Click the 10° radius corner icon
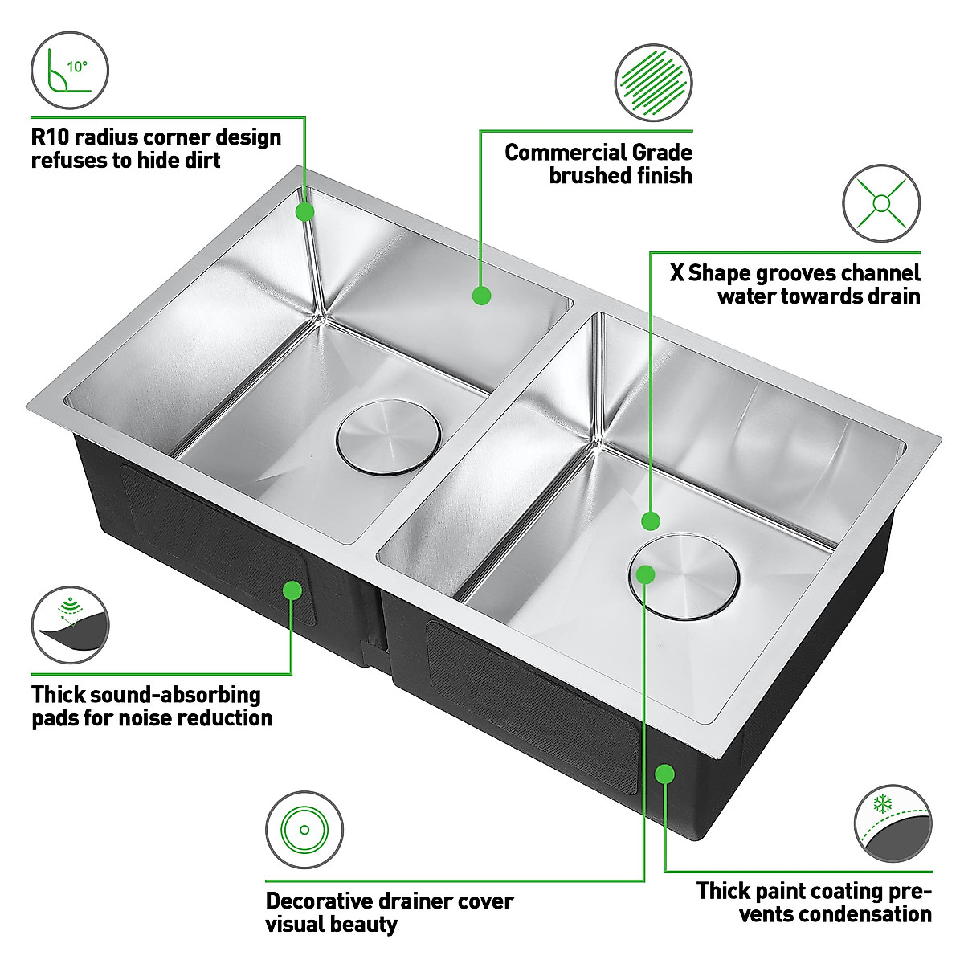pyautogui.click(x=69, y=71)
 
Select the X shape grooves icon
pyautogui.click(x=881, y=203)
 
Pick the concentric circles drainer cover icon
pyautogui.click(x=304, y=830)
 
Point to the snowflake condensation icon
pyautogui.click(x=893, y=824)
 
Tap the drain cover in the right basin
pyautogui.click(x=684, y=575)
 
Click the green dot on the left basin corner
pyautogui.click(x=304, y=211)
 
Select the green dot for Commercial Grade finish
pyautogui.click(x=481, y=295)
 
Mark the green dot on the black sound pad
pyautogui.click(x=292, y=590)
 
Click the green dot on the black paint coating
pyautogui.click(x=664, y=774)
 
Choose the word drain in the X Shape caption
pyautogui.click(x=888, y=296)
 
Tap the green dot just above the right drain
pyautogui.click(x=651, y=521)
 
